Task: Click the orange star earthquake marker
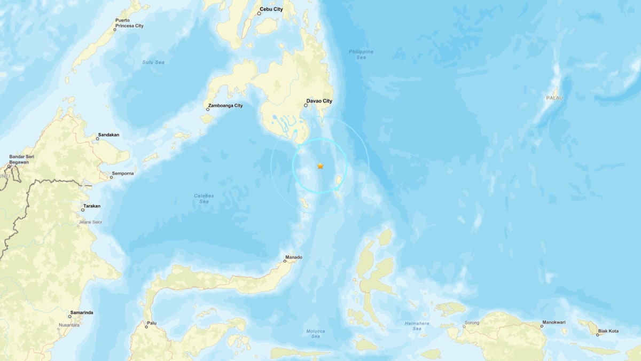[320, 166]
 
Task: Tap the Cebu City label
[271, 10]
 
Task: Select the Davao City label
[319, 101]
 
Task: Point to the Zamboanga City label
[225, 106]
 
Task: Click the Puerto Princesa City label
[129, 23]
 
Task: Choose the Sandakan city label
[108, 135]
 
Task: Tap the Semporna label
[122, 174]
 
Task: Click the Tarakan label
[91, 206]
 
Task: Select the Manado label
[294, 257]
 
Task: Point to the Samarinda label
[82, 312]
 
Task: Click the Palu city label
[152, 323]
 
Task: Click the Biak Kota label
[608, 331]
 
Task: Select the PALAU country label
[554, 98]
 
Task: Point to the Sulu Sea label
[153, 62]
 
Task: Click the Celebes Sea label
[204, 199]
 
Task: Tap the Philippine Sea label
[361, 54]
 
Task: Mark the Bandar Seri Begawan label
[22, 159]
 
